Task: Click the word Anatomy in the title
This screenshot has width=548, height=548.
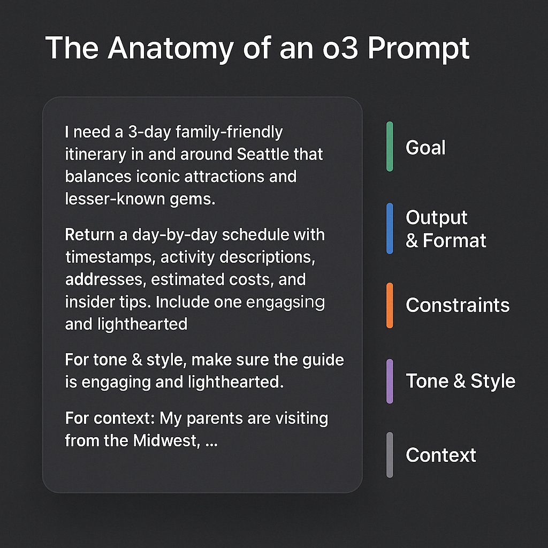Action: [171, 49]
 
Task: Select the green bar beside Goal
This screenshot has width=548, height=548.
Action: [390, 147]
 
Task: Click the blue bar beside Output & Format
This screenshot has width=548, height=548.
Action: [390, 228]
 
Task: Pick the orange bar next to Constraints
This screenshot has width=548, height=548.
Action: [390, 305]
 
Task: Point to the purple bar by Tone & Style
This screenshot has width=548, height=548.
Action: [390, 381]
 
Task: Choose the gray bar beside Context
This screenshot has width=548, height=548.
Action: [390, 455]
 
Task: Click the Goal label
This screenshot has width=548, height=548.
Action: [425, 148]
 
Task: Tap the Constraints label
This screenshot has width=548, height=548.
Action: [458, 305]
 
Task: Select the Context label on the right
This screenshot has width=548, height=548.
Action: [440, 455]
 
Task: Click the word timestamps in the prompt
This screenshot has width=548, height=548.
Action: [110, 257]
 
